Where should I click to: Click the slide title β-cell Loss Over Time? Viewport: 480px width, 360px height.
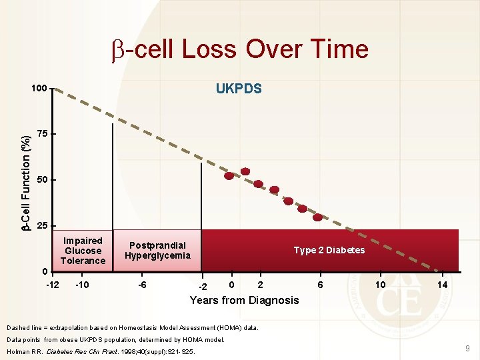(239, 49)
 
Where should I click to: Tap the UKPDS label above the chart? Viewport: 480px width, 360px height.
(239, 89)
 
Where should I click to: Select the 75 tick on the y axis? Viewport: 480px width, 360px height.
(42, 134)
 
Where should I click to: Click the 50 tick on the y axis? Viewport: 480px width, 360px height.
(42, 180)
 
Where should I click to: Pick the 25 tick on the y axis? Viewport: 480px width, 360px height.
(42, 226)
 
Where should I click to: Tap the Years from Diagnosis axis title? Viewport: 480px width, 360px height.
(244, 300)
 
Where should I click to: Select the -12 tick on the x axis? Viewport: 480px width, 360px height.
(53, 285)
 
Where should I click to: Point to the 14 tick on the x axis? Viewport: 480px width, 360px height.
(442, 285)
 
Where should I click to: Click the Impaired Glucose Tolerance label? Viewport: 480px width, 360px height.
(83, 251)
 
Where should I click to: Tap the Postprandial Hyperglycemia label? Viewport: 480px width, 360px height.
(157, 251)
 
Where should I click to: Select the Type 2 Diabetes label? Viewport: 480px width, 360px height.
(329, 250)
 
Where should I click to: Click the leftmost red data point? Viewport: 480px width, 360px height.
(229, 176)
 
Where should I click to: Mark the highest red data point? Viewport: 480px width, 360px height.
(245, 171)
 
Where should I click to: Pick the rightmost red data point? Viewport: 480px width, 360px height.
(318, 217)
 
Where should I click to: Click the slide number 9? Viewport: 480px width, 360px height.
(467, 348)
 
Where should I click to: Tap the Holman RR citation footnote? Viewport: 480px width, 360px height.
(101, 351)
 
